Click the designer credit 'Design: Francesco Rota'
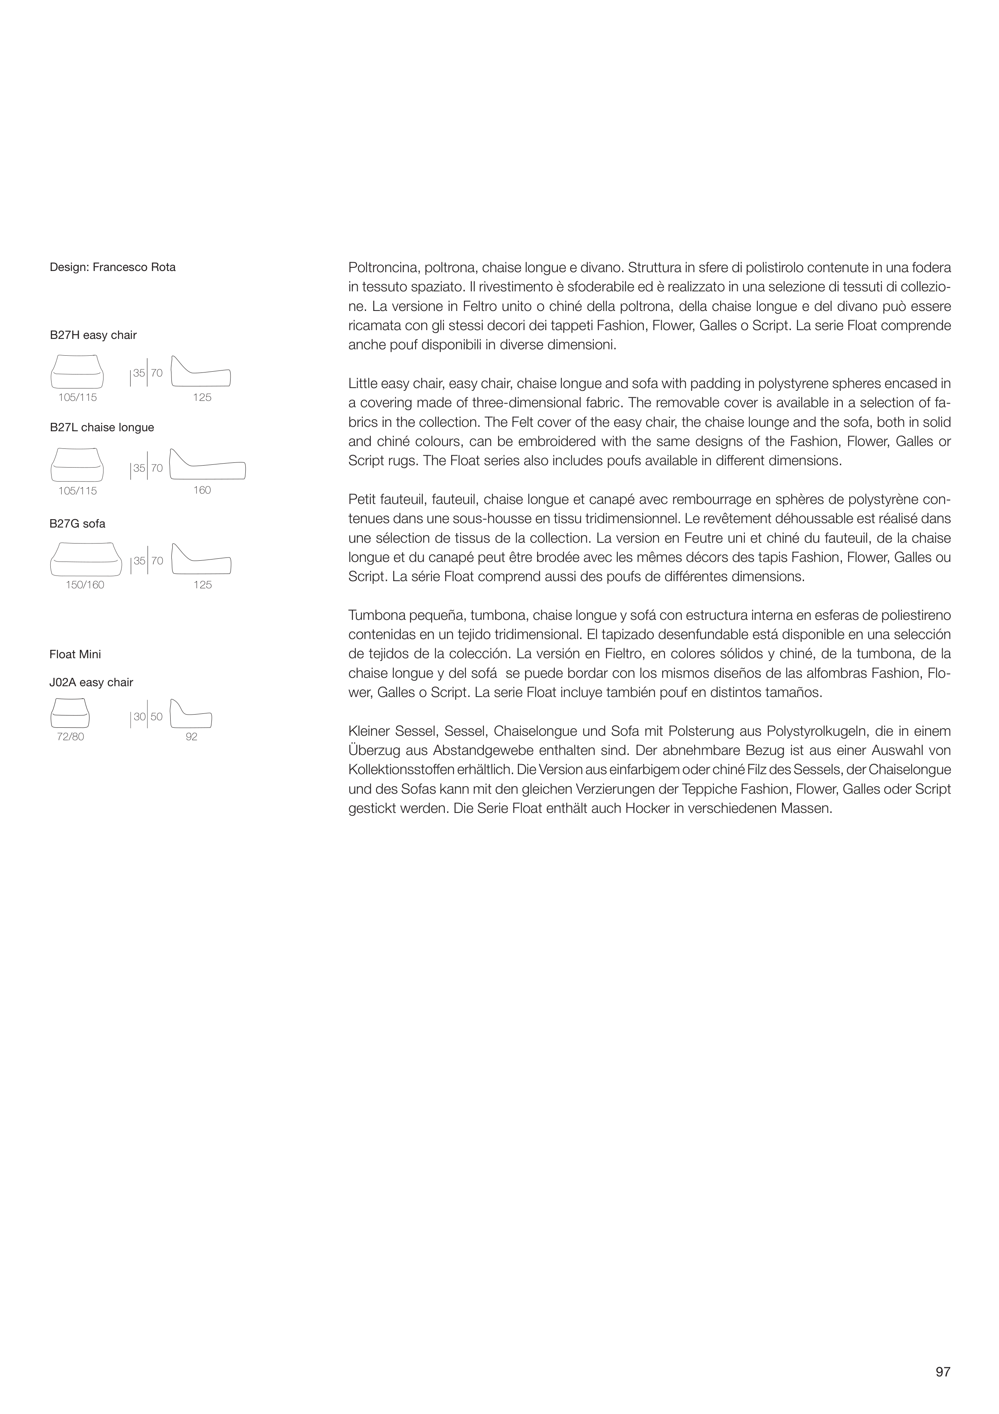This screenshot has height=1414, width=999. (x=113, y=267)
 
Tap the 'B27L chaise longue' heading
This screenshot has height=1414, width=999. (x=101, y=427)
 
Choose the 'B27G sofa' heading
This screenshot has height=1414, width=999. (x=78, y=524)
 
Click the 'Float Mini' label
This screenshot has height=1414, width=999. (x=75, y=654)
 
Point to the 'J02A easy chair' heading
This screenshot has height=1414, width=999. (x=91, y=682)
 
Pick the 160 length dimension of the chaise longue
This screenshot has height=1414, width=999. (x=202, y=490)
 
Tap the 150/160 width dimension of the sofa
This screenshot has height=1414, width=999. (x=85, y=585)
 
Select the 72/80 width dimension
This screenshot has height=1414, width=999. (x=70, y=737)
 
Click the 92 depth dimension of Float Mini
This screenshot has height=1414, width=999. (x=191, y=737)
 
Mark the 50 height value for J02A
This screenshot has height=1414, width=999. (x=156, y=717)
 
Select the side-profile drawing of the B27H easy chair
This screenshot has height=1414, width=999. (x=201, y=372)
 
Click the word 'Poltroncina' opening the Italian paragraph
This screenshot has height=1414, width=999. (x=383, y=268)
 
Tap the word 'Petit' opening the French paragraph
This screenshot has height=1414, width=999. (x=362, y=500)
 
